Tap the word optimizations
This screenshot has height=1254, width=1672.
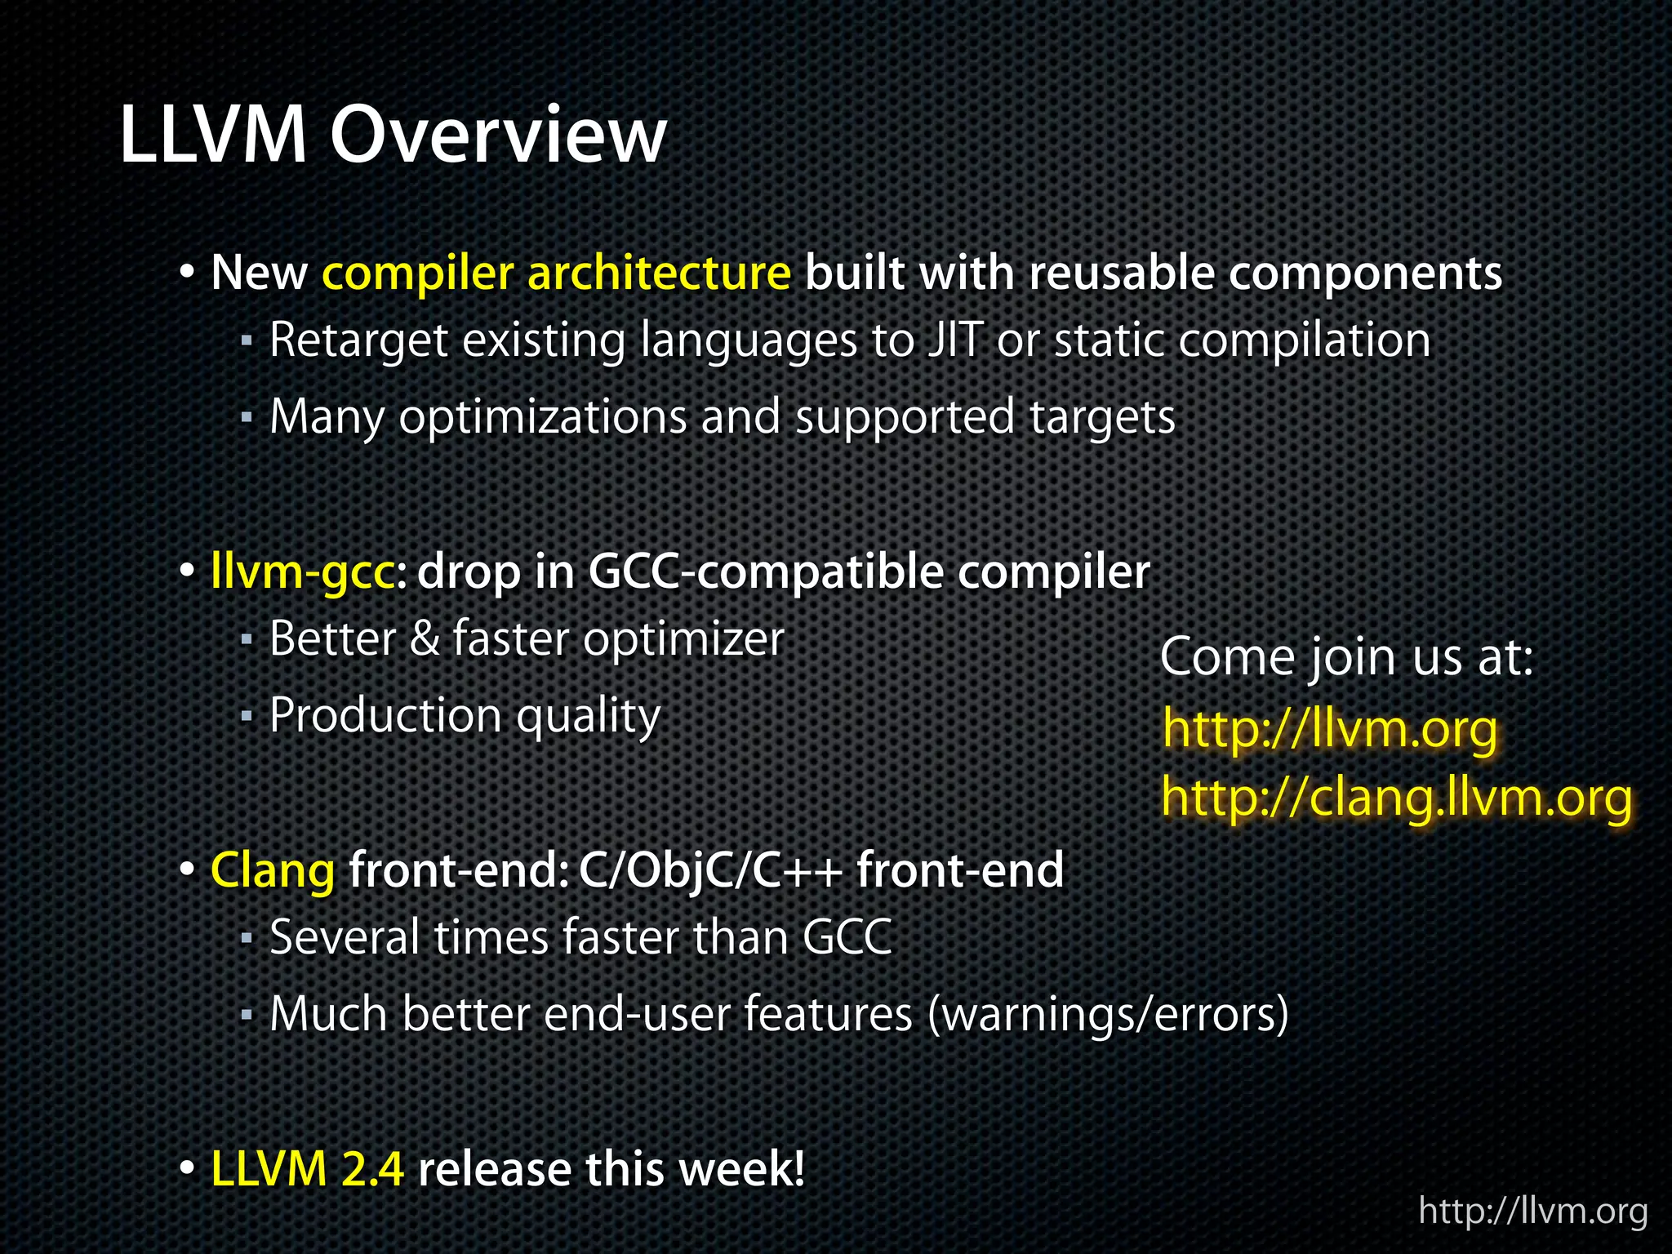pyautogui.click(x=543, y=417)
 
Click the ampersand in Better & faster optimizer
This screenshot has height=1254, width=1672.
pyautogui.click(x=425, y=638)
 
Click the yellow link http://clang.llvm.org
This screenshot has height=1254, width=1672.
pyautogui.click(x=1397, y=797)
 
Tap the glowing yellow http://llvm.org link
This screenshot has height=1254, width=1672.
pyautogui.click(x=1330, y=728)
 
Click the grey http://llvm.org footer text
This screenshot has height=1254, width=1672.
pyautogui.click(x=1533, y=1211)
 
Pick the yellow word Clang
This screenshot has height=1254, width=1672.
pyautogui.click(x=273, y=870)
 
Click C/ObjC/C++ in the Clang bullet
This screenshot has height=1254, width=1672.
pyautogui.click(x=710, y=870)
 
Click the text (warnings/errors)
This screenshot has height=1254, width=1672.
pyautogui.click(x=1108, y=1015)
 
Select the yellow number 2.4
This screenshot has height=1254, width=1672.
pyautogui.click(x=372, y=1168)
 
